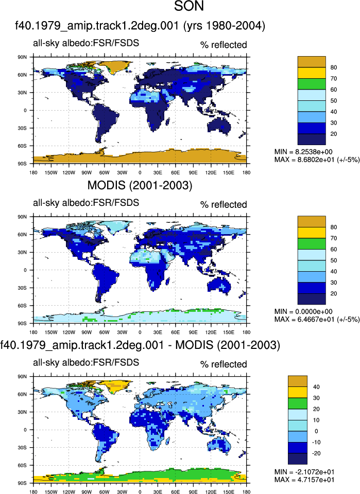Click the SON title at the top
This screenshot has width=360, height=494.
pos(189,6)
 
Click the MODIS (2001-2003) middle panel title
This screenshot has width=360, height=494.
pos(140,185)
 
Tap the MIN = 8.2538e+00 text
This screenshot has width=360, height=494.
pos(303,152)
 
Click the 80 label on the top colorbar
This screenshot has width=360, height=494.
pos(334,67)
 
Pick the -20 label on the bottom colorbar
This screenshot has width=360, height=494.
pos(316,453)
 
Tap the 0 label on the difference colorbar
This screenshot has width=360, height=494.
pos(316,431)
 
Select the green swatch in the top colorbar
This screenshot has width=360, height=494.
pos(312,84)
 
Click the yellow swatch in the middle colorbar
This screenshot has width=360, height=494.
pos(312,233)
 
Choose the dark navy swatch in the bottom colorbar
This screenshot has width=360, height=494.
pos(298,458)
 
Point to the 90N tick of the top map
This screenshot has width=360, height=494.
pos(22,57)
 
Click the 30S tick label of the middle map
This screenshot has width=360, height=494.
pos(22,288)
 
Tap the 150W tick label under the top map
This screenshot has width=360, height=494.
pos(51,172)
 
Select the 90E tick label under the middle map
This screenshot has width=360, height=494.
pos(193,332)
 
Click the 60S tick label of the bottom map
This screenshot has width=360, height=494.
pos(22,465)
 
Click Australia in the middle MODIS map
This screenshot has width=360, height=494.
pos(219,285)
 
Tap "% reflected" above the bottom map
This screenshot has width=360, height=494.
pos(224,364)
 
